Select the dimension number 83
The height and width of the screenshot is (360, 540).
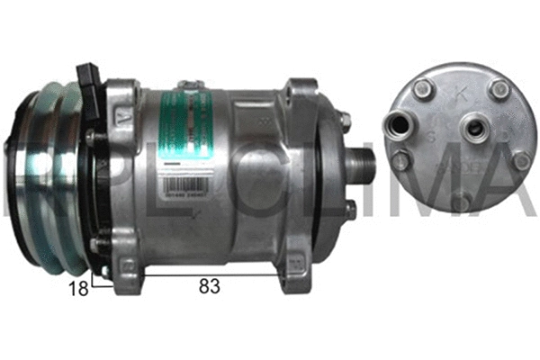(208, 286)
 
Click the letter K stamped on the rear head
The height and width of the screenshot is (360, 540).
(463, 93)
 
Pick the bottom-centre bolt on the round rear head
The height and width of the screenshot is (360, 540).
(462, 201)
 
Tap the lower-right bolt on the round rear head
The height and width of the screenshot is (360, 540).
(520, 161)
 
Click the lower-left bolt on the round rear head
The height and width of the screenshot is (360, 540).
(402, 162)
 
